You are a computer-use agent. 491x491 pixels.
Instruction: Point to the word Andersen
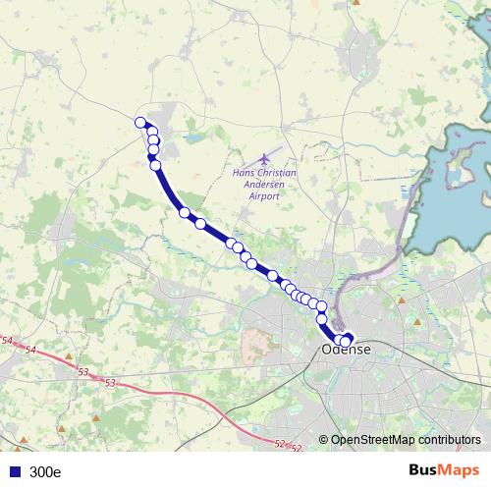pos(264,184)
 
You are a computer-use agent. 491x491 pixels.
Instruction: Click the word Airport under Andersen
pos(264,195)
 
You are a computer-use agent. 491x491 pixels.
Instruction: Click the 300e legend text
pos(45,471)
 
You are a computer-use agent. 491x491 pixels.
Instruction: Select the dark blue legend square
pos(15,471)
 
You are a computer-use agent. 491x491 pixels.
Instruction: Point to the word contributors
pos(448,440)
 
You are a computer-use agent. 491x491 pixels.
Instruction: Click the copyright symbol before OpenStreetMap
pos(323,440)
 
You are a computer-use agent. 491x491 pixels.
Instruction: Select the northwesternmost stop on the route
pos(140,123)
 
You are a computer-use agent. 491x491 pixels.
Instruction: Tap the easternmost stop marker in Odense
pos(346,340)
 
